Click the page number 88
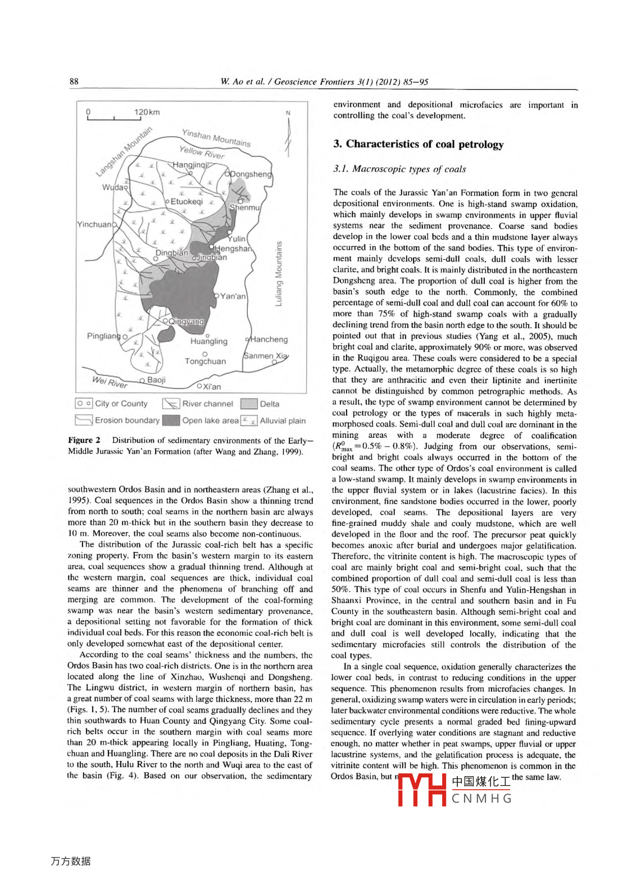click(x=74, y=81)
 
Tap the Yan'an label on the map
click(x=233, y=296)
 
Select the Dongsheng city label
click(x=251, y=174)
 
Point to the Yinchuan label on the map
click(x=94, y=224)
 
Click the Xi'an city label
click(x=212, y=387)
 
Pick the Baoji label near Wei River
click(x=156, y=380)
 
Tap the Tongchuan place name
click(x=205, y=361)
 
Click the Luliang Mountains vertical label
click(x=278, y=274)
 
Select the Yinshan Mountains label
click(x=216, y=137)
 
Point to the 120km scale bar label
click(x=147, y=112)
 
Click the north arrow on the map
click(x=288, y=135)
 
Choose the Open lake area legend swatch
click(x=171, y=420)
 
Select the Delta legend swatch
click(x=248, y=404)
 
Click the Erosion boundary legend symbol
click(x=83, y=420)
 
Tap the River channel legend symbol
click(x=171, y=404)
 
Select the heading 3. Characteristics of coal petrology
click(x=418, y=144)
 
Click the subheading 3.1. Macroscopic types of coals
click(x=399, y=169)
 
